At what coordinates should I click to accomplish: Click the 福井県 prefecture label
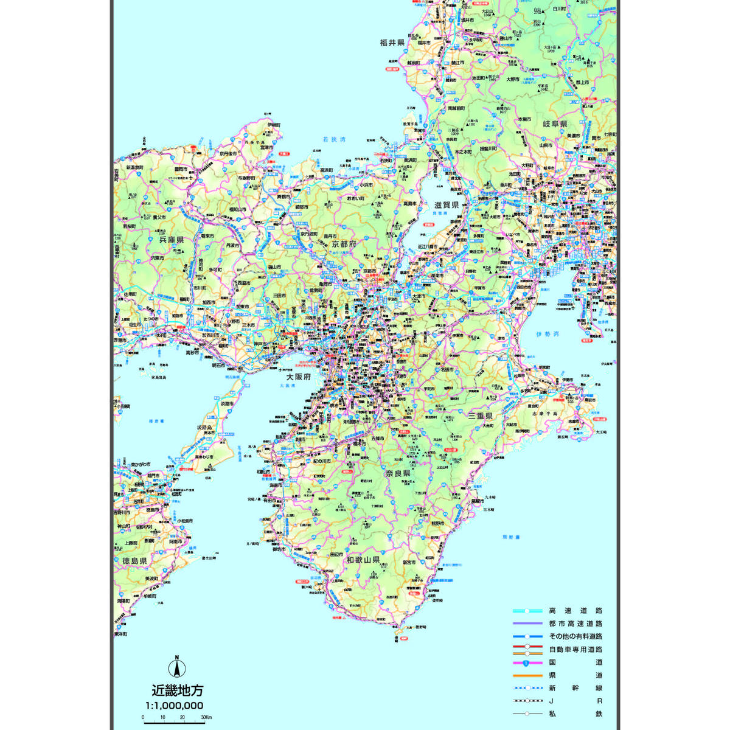point(392,43)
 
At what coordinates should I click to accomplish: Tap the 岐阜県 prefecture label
point(555,123)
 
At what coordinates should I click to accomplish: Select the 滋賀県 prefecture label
point(447,205)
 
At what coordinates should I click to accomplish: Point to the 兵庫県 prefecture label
point(172,240)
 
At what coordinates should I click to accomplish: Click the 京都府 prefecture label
point(344,243)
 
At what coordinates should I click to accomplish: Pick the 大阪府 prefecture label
point(299,377)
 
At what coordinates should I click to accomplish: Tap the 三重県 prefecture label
point(480,416)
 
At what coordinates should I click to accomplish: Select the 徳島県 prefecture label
point(134,561)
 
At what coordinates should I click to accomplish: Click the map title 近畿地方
point(178,690)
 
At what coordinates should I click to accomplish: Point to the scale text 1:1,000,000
point(174,706)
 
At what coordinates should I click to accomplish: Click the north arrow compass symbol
point(177,667)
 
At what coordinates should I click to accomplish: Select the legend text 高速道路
point(575,611)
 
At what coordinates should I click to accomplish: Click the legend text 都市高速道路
point(575,624)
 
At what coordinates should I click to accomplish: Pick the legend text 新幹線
point(575,688)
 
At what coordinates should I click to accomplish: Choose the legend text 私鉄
point(575,714)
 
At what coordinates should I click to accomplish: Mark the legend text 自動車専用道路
point(575,649)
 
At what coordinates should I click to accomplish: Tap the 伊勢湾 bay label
point(547,335)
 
